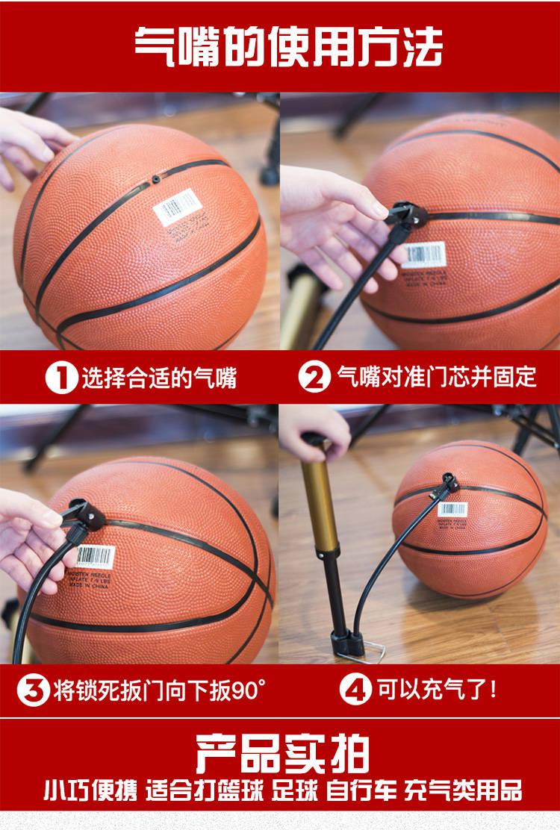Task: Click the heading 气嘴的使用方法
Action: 287,46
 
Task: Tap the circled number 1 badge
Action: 61,378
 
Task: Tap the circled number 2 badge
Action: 314,377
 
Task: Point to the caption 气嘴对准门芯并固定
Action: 437,377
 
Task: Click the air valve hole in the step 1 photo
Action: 155,180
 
